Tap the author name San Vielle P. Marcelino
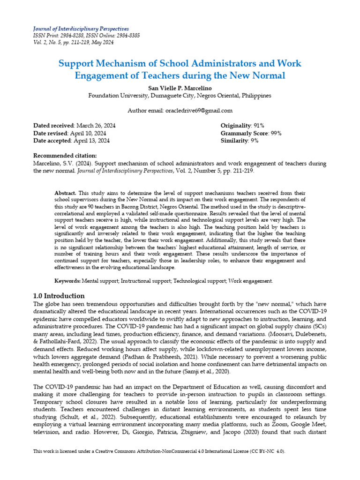tap(180, 87)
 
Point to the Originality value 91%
tap(257, 126)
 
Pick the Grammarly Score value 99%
tap(273, 133)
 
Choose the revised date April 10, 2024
tap(91, 133)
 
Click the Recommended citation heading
tap(65, 156)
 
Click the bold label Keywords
tap(67, 281)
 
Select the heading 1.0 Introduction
tap(59, 296)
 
